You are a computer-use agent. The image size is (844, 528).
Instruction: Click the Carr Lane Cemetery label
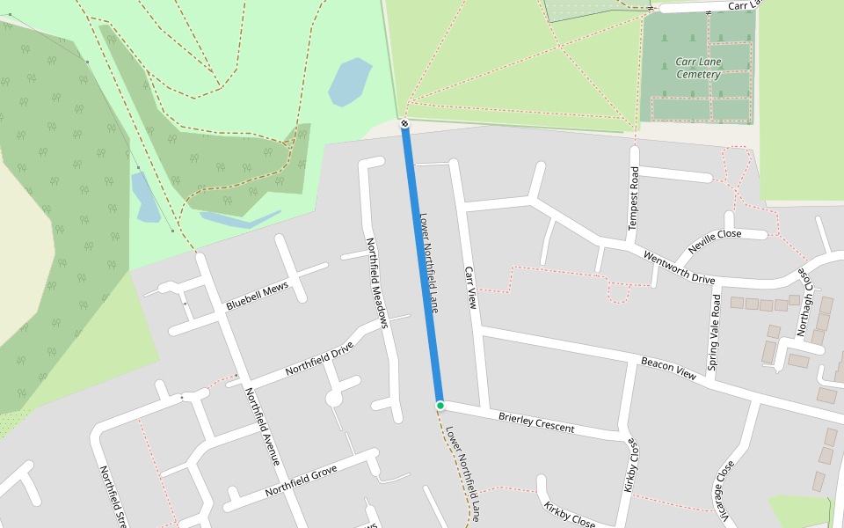point(699,68)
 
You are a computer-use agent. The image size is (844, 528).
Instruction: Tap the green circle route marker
point(440,405)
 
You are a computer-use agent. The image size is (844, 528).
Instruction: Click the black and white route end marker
point(404,124)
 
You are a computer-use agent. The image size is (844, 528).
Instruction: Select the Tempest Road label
point(633,199)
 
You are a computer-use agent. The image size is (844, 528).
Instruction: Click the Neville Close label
point(715,240)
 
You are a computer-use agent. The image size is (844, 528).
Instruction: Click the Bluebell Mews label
point(257,297)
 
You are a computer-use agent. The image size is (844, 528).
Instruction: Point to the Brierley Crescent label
point(535,422)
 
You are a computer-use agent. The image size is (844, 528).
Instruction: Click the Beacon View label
point(668,368)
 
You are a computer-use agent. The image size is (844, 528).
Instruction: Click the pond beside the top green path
point(350,81)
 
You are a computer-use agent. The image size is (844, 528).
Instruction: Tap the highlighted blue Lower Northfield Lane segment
point(421,264)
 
